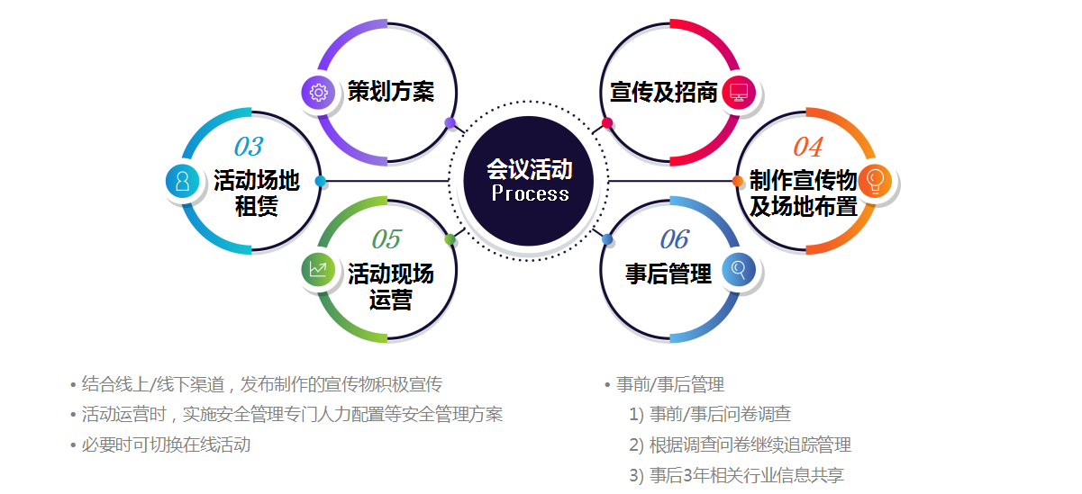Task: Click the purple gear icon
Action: tap(318, 92)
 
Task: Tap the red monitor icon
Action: tap(739, 92)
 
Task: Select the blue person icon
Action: tap(183, 181)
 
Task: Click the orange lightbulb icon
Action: tap(875, 181)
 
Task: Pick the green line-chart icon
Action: tap(318, 269)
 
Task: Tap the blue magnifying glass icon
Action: tap(739, 269)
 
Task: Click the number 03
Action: tap(249, 146)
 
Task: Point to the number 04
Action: tap(807, 146)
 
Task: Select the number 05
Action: tap(386, 238)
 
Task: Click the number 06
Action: tap(675, 238)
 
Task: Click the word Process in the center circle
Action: tap(531, 193)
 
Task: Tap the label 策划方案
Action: tap(391, 92)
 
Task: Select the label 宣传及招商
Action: tap(664, 92)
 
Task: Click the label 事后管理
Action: tap(668, 274)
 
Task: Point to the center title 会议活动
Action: tap(530, 169)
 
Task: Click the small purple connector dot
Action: tap(450, 122)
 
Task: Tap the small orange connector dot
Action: tap(738, 182)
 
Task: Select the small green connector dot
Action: tap(450, 239)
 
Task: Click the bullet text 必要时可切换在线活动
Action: tap(166, 445)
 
